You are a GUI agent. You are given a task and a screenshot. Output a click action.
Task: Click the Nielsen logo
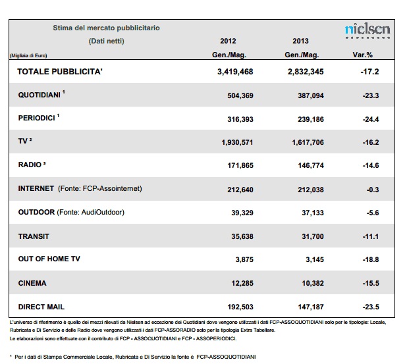[367, 31]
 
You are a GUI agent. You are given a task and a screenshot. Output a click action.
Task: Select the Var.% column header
[363, 55]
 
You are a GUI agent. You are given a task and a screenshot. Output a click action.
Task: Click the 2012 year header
[228, 41]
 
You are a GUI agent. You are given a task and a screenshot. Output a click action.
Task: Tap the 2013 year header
[300, 41]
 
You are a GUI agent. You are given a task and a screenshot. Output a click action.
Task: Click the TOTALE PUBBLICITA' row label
[60, 72]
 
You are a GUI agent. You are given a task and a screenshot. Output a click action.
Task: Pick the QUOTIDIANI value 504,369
[240, 95]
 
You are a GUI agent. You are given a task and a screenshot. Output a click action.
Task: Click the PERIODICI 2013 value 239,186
[311, 119]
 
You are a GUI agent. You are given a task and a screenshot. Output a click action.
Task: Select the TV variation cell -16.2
[371, 142]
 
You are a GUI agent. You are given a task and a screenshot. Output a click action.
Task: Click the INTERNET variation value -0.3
[373, 190]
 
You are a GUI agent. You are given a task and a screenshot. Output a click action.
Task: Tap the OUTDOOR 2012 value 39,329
[242, 213]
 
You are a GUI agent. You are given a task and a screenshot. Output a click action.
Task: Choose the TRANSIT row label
[34, 236]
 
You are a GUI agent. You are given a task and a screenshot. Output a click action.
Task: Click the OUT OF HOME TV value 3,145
[315, 259]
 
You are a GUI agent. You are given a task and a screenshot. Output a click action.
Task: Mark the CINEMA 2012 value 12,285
[242, 283]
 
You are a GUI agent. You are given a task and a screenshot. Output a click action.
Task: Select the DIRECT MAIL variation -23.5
[371, 307]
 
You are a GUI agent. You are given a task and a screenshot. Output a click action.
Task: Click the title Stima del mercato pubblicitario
[106, 28]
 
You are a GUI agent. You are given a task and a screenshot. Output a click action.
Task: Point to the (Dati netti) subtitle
[107, 41]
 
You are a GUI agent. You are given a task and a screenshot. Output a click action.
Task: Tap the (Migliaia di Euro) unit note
[28, 55]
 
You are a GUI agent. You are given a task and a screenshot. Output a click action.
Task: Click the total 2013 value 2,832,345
[306, 72]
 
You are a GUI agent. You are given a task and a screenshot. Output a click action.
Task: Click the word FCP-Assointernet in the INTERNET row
[111, 188]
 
